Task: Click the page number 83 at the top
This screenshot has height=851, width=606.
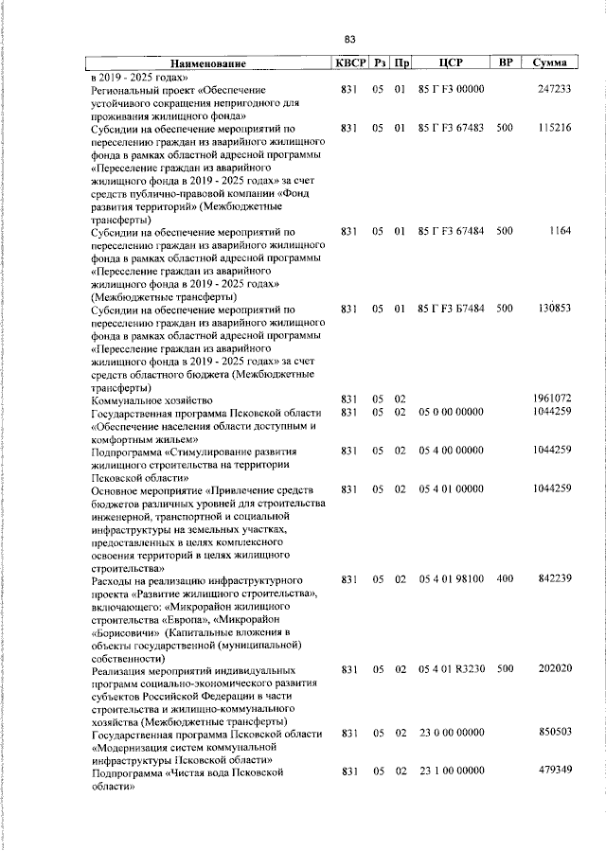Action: point(349,39)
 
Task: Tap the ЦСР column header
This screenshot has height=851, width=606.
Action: point(450,62)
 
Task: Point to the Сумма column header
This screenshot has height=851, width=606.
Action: point(549,62)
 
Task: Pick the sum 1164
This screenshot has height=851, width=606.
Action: point(559,231)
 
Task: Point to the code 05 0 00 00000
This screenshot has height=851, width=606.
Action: point(451,412)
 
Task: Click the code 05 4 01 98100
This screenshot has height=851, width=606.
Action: point(451,578)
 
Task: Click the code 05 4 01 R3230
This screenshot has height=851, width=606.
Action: point(451,669)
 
